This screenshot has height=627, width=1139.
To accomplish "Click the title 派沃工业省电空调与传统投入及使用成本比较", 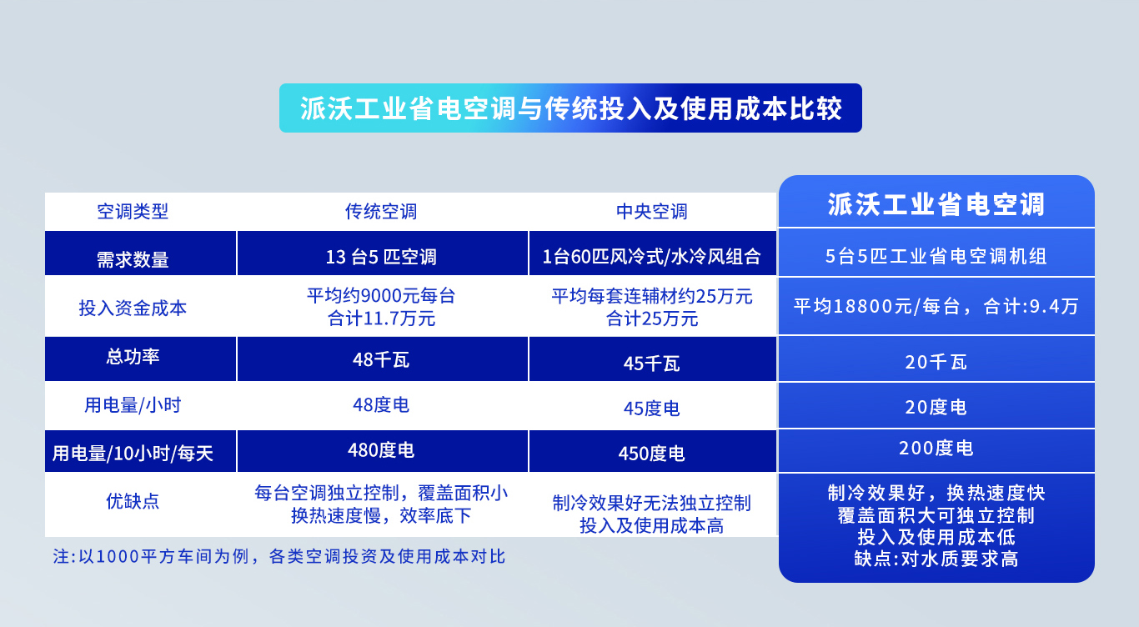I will (570, 108).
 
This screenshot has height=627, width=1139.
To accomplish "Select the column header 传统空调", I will (381, 212).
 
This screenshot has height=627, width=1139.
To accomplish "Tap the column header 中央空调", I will (652, 212).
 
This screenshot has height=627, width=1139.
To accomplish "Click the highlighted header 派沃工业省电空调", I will (936, 205).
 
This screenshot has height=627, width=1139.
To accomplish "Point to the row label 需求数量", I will (133, 259).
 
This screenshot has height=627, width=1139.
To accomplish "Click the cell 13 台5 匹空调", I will (381, 257).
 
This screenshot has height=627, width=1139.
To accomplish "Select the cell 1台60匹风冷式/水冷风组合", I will (652, 257).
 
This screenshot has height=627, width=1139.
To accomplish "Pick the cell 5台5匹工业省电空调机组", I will (936, 257).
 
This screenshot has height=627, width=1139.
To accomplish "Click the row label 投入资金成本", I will (133, 308).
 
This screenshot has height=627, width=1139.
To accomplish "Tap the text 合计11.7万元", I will (381, 318).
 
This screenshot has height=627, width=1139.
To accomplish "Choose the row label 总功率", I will (133, 357).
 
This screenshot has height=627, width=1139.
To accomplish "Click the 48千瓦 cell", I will (381, 360).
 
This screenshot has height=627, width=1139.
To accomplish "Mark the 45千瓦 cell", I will (652, 364).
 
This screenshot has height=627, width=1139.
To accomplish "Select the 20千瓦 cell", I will (936, 363).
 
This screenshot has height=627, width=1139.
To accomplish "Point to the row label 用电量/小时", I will (133, 406).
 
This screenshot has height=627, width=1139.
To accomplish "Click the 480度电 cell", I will (381, 450).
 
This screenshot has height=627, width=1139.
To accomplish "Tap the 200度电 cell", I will (936, 449).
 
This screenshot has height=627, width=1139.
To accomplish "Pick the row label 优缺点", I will (133, 501).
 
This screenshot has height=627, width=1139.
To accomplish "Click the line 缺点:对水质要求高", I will (936, 559).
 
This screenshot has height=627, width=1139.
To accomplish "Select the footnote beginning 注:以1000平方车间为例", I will (279, 557).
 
